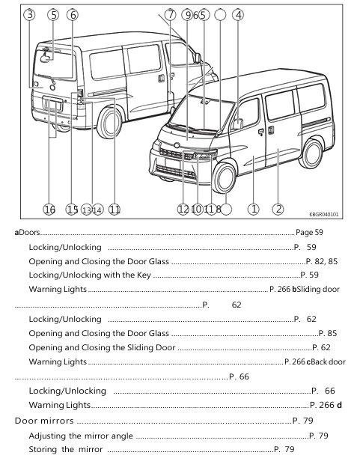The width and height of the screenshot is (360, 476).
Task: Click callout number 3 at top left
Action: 29,14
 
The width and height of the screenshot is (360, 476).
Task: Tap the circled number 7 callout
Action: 171,14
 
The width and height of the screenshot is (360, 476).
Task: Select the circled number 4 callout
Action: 238,15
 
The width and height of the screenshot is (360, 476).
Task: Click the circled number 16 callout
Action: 49,210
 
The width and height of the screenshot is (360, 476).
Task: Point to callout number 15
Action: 72,210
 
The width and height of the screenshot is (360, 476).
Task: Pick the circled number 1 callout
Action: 254,209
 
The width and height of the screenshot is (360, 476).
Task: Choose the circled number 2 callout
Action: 278,209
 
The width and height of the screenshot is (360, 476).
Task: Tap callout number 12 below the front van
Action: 183,209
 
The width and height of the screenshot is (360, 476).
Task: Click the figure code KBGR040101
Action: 324,215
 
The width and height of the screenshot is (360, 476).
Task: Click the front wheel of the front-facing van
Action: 225,178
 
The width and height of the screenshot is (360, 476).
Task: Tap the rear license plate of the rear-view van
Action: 53,104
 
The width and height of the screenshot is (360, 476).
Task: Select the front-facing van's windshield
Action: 202,113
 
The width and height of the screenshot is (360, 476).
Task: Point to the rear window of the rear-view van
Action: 55,64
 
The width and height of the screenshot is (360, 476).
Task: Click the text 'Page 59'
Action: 309,233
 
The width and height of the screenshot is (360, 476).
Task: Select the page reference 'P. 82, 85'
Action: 322,261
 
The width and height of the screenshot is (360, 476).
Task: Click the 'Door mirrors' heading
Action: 44,421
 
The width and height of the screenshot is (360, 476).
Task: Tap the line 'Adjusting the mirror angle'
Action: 81,436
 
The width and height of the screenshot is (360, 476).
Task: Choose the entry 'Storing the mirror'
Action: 66,449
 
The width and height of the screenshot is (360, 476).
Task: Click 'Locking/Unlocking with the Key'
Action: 90,275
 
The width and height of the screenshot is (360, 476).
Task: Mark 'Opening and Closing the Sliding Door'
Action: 102,347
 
